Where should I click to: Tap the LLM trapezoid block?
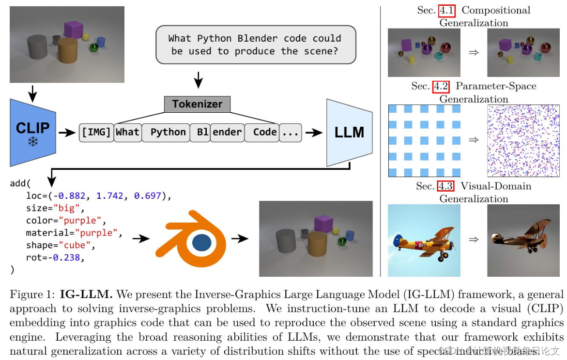(349, 132)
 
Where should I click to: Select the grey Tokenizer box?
(197, 104)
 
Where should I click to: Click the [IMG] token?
(96, 132)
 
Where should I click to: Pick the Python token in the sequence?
(168, 132)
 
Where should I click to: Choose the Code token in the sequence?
(265, 132)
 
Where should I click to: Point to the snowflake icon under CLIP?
(33, 142)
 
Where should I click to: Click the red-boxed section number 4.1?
(445, 10)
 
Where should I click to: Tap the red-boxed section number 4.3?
(445, 186)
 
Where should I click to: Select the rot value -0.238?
(65, 257)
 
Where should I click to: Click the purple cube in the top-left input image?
(74, 29)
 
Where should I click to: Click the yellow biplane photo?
(426, 240)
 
